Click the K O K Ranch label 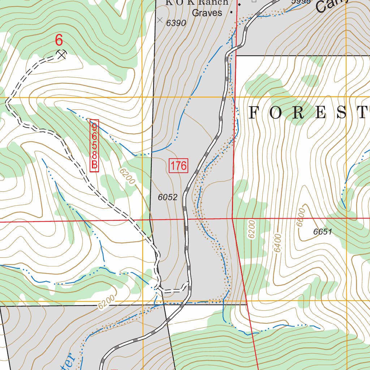tap(197, 3)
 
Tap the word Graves tap(207, 13)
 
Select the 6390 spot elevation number tap(176, 23)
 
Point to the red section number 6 tap(59, 40)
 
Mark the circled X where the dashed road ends tap(62, 54)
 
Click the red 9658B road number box tap(94, 146)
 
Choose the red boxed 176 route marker tap(178, 166)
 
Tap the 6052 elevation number tap(168, 197)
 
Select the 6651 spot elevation tap(323, 232)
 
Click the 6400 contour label tap(277, 243)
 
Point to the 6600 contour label tap(301, 217)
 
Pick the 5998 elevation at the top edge tap(301, 2)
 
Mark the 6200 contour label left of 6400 tap(252, 229)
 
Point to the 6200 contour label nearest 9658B tap(125, 177)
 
